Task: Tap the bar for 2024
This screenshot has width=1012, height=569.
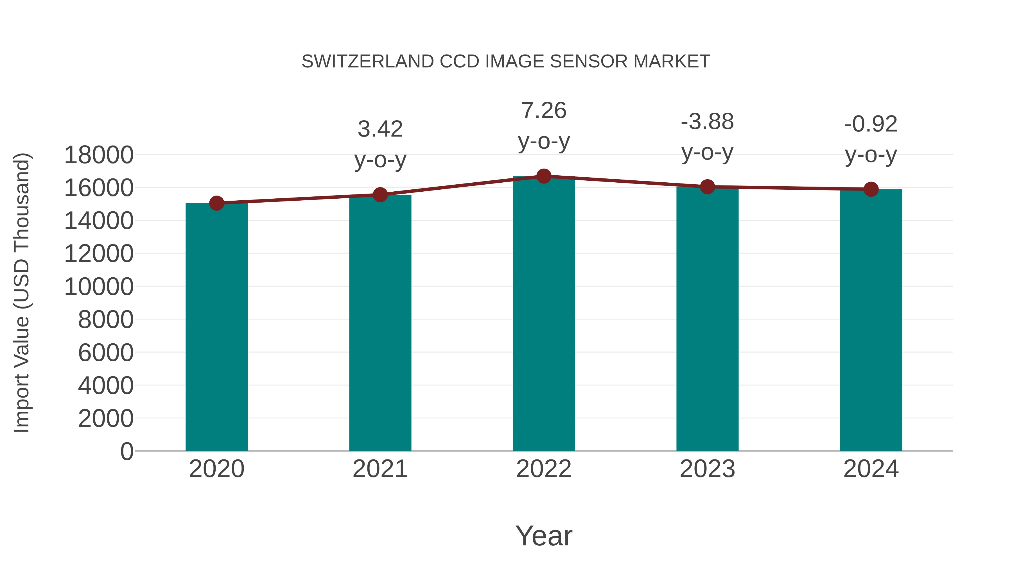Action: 871,320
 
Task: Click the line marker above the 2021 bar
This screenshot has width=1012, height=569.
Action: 380,195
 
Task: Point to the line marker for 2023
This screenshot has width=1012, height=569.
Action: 707,187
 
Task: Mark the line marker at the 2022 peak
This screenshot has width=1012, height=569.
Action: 544,176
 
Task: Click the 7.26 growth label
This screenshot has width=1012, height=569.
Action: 544,110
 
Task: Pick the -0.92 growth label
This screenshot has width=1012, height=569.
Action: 871,124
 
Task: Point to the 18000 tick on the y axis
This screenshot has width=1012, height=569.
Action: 99,155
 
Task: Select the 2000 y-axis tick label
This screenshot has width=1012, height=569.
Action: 106,419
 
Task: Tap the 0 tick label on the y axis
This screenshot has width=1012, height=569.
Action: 126,451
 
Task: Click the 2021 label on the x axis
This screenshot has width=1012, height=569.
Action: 380,469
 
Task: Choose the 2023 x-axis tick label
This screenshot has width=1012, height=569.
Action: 707,469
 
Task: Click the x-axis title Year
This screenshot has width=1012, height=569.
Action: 544,536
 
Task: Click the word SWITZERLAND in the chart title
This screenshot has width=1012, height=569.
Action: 368,61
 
